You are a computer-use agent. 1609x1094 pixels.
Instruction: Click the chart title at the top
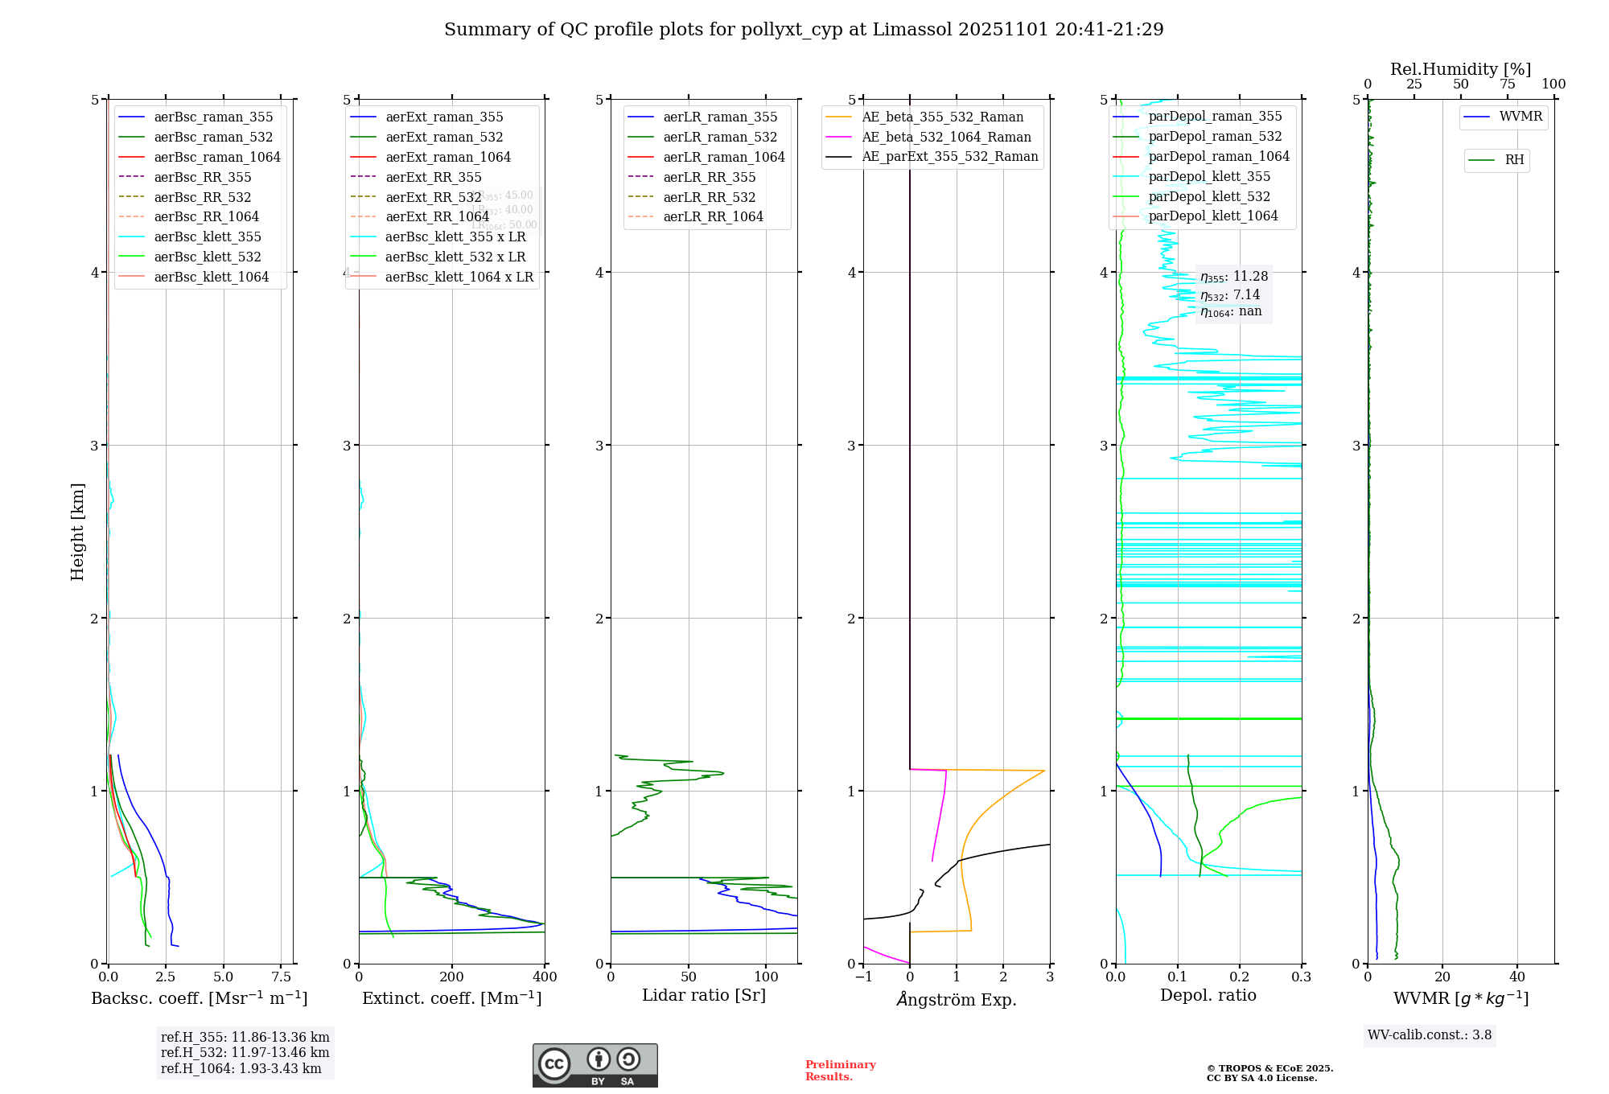804,30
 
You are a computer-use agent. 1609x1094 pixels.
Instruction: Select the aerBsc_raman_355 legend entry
213,117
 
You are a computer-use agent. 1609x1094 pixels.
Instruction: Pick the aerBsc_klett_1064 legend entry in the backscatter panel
211,278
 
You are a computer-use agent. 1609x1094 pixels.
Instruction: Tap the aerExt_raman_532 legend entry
444,138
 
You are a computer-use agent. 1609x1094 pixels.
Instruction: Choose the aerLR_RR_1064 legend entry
713,217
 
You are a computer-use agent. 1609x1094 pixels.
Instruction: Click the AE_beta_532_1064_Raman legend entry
946,138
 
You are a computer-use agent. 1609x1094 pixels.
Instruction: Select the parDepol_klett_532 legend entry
1208,197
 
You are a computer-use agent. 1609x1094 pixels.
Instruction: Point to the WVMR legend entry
1521,117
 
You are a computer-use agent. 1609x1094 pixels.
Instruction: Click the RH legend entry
1514,160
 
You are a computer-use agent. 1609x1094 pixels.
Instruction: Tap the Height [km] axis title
77,532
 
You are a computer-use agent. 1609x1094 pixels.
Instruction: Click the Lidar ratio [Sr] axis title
704,996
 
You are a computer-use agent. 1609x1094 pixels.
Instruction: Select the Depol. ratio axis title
1208,996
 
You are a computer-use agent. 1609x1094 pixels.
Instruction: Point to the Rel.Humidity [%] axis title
1460,69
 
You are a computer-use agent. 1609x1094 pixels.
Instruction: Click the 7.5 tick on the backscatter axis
281,977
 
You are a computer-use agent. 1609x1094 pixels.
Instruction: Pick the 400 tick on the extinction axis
545,977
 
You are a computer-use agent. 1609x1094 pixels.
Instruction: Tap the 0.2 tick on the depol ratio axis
1240,977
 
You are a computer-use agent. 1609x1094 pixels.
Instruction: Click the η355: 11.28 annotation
1234,277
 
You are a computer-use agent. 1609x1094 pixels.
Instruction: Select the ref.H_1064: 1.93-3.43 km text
241,1069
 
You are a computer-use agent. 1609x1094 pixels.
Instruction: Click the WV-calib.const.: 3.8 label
1429,1035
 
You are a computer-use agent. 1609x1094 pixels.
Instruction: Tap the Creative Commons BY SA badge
595,1066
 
